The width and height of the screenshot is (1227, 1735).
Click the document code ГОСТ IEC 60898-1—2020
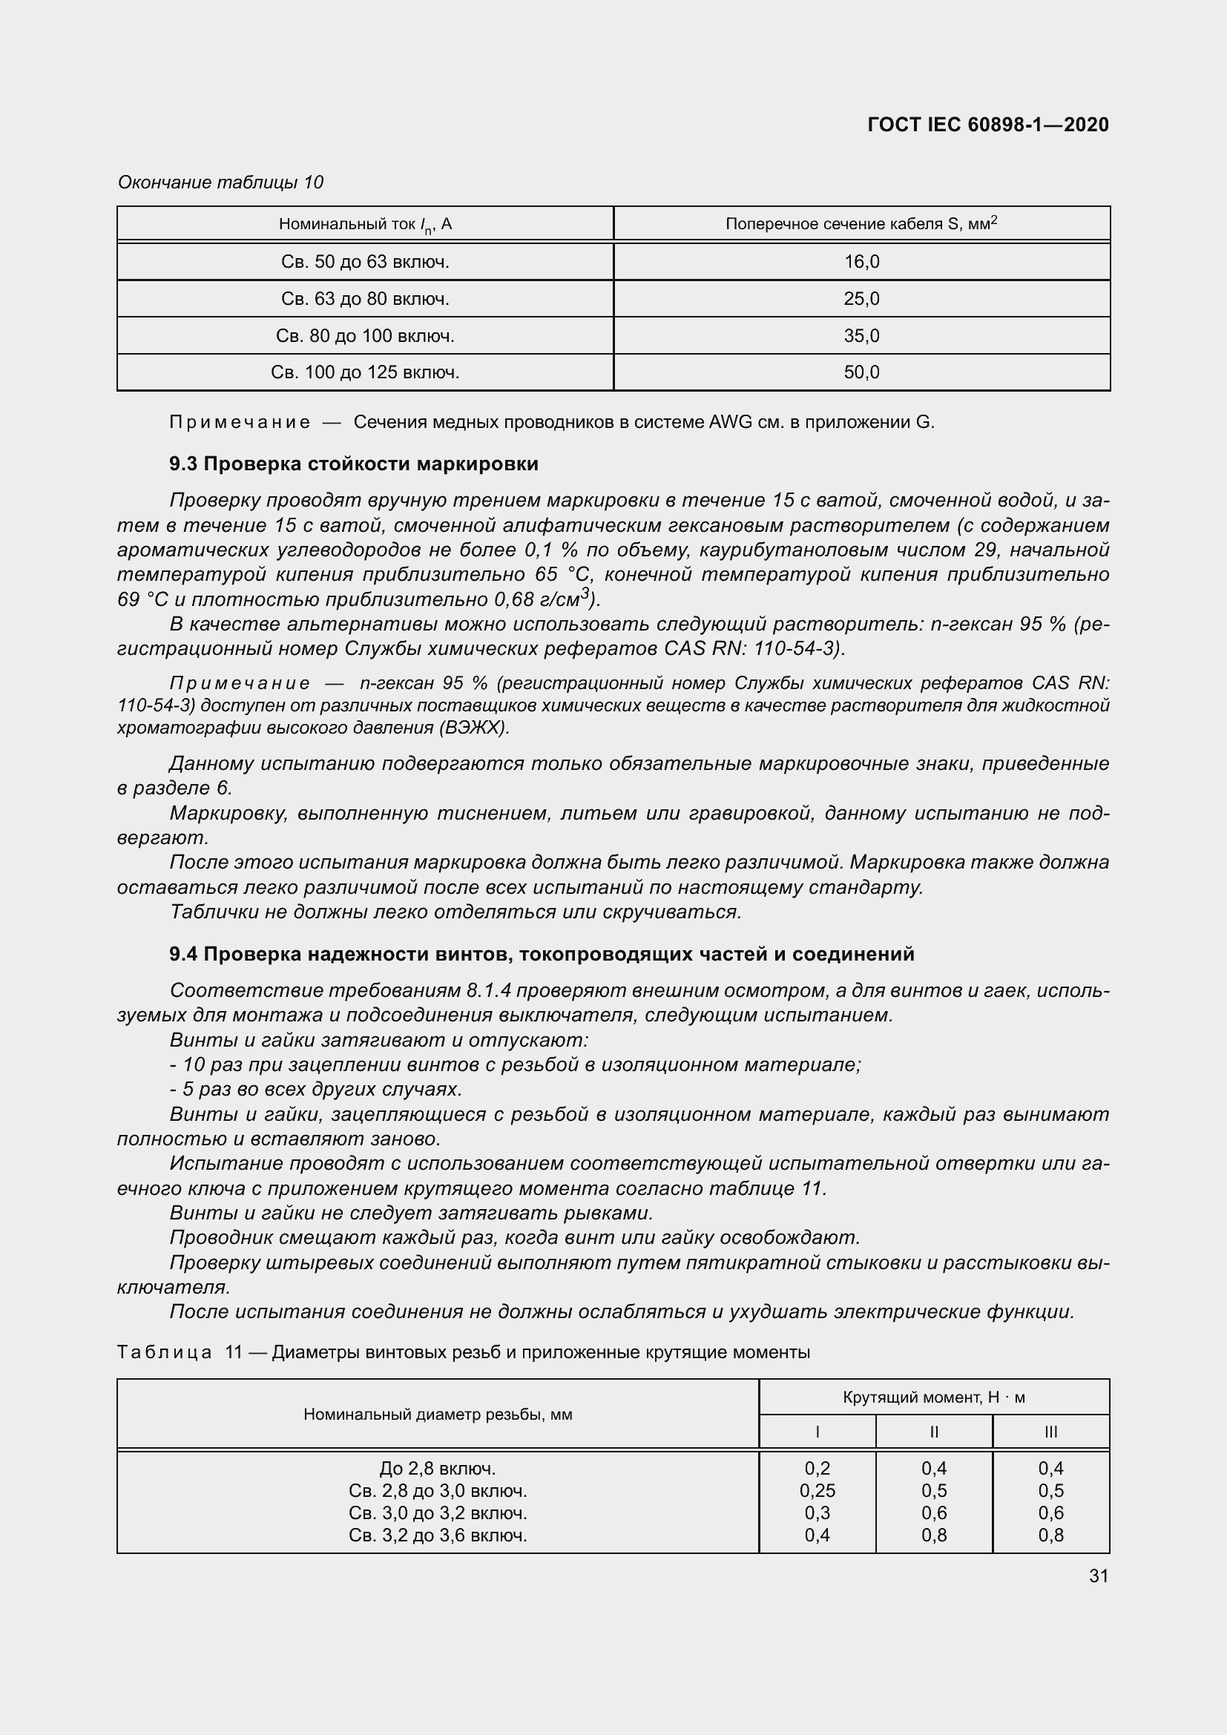pos(987,125)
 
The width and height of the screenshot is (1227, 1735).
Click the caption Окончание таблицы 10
pos(220,182)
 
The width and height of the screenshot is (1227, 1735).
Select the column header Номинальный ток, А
pos(365,224)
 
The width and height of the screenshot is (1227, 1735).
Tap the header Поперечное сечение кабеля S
pos(861,224)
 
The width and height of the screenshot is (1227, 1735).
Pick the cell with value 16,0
pos(861,261)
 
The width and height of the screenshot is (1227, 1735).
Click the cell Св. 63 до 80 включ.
pos(365,298)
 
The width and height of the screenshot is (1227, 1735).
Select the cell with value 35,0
pos(861,335)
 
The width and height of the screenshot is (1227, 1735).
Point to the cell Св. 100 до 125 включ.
pos(365,372)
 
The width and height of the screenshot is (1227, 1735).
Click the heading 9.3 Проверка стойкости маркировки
pos(354,464)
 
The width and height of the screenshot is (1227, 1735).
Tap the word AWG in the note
pos(730,422)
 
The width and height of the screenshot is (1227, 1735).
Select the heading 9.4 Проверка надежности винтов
pos(542,954)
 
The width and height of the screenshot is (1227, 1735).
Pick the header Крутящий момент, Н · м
pos(933,1397)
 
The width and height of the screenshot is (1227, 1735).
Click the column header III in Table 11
pos(1050,1431)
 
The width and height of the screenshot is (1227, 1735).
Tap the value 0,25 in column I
pos(817,1490)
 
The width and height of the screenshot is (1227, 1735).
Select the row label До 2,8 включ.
pos(438,1468)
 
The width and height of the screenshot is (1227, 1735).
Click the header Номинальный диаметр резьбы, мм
pos(438,1414)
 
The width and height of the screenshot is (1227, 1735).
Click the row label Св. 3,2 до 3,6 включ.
pos(438,1535)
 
